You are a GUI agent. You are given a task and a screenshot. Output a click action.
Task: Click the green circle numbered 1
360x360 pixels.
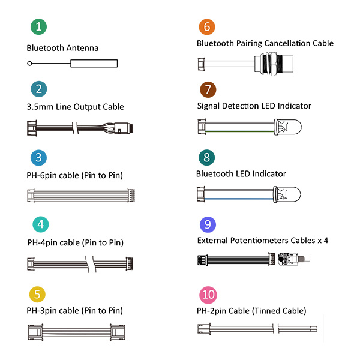coord(38,27)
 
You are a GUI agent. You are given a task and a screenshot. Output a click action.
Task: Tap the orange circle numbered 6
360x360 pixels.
coord(206,27)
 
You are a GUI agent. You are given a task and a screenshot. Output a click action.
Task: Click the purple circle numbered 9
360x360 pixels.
coord(206,224)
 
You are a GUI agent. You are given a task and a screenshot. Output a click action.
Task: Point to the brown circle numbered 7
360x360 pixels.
coord(206,90)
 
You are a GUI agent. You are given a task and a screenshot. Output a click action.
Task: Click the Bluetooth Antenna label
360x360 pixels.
coord(62,48)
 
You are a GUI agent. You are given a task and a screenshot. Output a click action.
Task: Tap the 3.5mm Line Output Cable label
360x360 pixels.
coord(75,107)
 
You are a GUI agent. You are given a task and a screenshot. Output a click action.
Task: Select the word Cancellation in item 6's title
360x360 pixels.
coord(283,43)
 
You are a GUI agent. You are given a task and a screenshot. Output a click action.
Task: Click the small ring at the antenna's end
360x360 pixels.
coord(29,64)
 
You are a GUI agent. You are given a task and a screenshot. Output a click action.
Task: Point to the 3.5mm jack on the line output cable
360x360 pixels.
coord(127,128)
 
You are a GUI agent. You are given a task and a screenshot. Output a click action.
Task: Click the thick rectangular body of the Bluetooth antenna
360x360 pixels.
coord(94,64)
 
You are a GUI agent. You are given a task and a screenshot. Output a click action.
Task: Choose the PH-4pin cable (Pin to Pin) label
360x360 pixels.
coord(75,243)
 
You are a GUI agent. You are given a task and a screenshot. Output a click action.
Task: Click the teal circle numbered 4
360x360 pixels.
coord(38,224)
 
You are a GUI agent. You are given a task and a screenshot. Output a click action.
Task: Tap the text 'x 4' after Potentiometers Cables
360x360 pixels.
coord(321,241)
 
